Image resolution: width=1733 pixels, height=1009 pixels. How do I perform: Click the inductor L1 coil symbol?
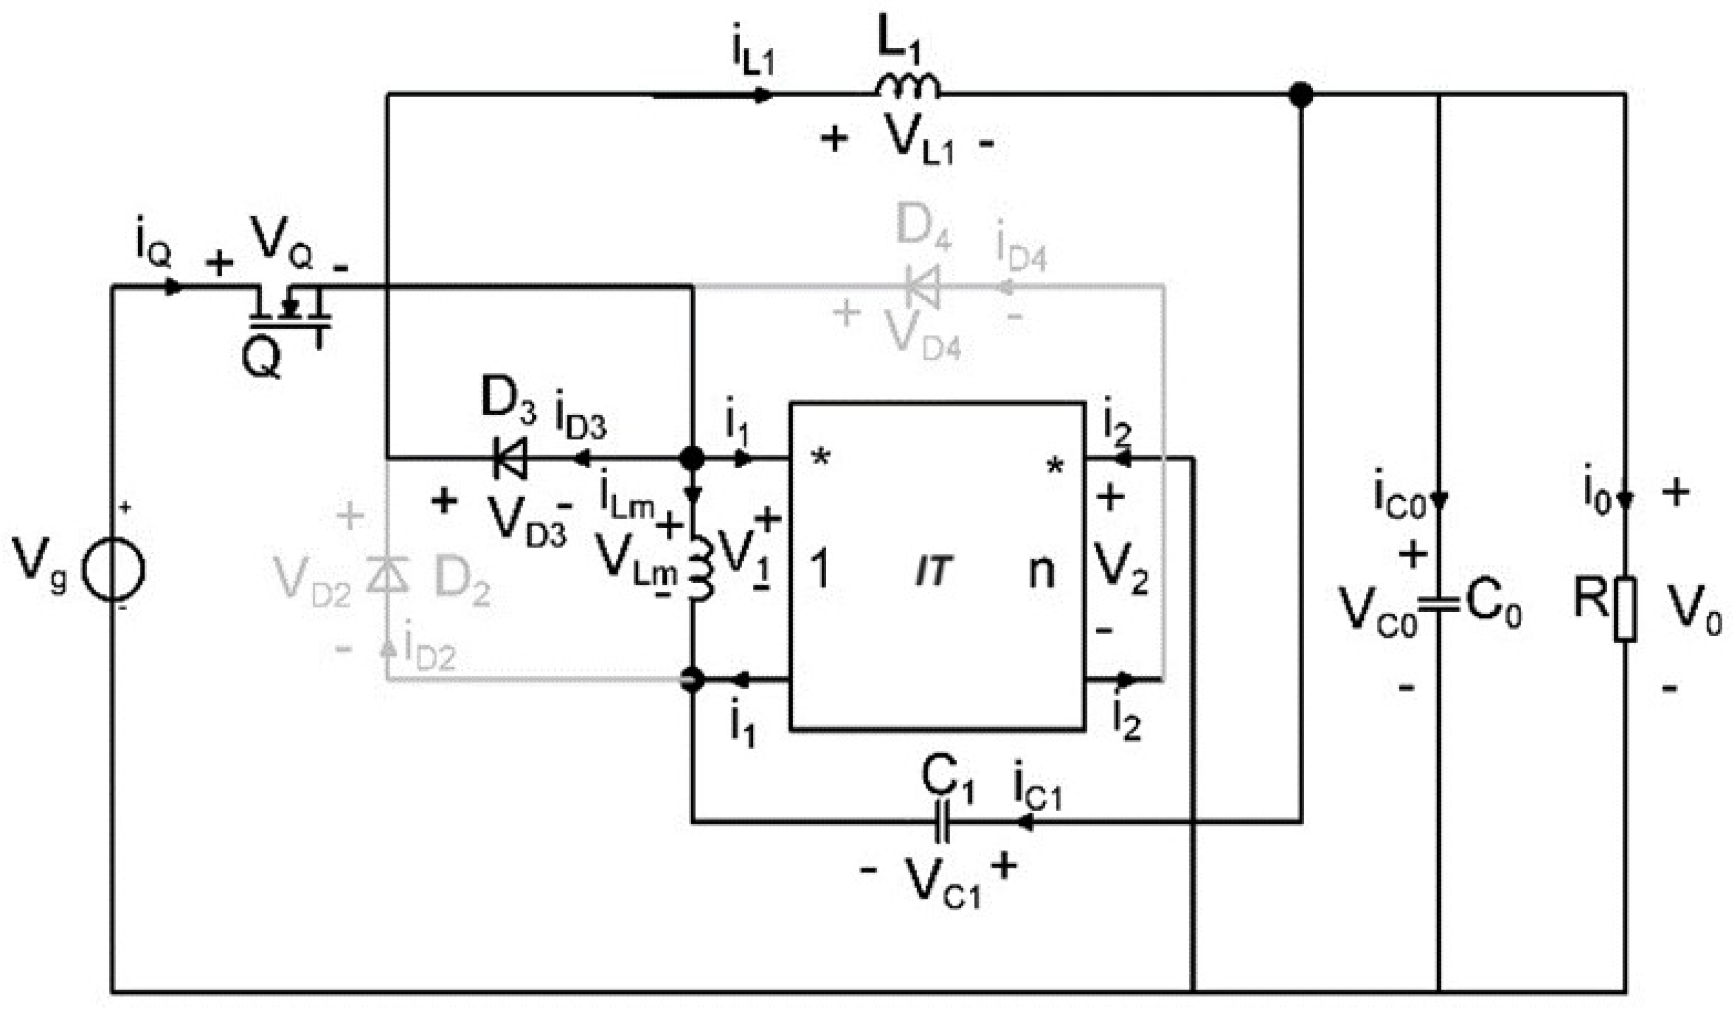[x=906, y=87]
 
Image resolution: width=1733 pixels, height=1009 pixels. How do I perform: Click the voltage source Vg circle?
[x=113, y=569]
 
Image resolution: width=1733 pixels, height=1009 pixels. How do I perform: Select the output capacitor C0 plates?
[x=1438, y=604]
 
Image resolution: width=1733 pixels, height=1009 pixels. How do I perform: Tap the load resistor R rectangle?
[x=1625, y=609]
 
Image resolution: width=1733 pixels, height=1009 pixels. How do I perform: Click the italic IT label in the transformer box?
[x=933, y=571]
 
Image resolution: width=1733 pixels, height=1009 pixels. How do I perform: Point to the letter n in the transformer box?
[x=1040, y=571]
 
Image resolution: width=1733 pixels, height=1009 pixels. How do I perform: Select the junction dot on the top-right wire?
[x=1300, y=94]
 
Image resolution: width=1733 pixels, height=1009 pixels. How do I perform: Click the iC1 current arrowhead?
[x=1025, y=822]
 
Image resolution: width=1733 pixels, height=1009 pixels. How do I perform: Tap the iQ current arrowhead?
[x=173, y=287]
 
